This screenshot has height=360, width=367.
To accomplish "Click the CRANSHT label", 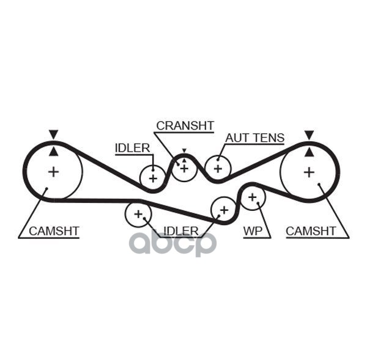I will [x=185, y=126].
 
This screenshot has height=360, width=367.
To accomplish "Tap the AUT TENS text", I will [x=254, y=138].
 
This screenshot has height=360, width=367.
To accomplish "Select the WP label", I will [x=253, y=231].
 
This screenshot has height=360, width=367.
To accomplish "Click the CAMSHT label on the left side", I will [x=54, y=231].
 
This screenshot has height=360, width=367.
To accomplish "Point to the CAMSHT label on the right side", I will [x=311, y=231].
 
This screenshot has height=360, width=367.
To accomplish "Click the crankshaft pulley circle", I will [x=183, y=167].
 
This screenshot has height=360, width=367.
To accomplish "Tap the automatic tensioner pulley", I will [x=217, y=168].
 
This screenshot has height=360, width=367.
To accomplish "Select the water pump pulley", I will [x=251, y=197].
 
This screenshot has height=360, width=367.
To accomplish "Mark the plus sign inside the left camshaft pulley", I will [x=54, y=172].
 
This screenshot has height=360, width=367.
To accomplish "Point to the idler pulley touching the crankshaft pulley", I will [x=152, y=178].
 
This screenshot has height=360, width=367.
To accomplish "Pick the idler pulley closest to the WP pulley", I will [x=223, y=210].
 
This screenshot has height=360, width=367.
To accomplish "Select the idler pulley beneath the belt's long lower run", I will [x=138, y=214].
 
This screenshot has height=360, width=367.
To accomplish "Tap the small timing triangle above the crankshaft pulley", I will [x=183, y=152].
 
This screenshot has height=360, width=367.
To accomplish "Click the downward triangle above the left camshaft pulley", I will [x=54, y=134].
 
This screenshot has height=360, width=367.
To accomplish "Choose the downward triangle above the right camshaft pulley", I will [x=310, y=134].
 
